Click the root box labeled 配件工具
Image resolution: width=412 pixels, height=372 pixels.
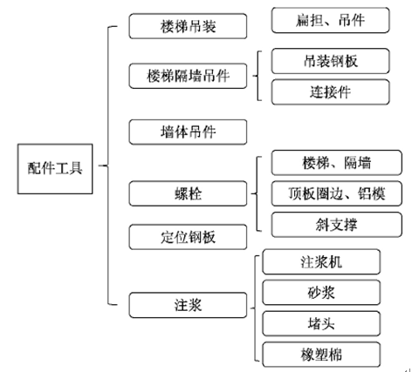55,169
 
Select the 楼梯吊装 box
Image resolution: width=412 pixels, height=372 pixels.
188,26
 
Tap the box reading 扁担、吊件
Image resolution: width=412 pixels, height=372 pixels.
331,20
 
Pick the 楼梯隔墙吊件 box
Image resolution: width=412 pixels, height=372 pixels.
188,76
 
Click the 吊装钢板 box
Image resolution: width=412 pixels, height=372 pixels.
331,61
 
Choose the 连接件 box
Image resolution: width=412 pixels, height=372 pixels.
331,92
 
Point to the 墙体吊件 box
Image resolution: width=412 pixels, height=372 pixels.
188,132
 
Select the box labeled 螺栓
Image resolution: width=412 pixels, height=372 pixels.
188,193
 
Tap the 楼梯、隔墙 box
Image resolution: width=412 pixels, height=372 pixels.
337,163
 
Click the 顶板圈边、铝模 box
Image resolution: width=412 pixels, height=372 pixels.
337,193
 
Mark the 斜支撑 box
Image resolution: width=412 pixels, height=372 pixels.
337,225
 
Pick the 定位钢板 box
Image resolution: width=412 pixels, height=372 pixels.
188,237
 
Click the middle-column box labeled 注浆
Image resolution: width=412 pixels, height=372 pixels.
188,305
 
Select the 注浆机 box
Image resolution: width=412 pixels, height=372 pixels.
321,261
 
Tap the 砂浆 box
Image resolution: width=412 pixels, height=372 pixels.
321,293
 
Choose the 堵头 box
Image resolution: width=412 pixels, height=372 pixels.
321,323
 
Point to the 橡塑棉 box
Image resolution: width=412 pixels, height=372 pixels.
321,355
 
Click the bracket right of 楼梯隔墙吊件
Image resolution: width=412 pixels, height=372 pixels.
257,76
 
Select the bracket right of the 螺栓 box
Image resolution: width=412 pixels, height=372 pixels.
257,193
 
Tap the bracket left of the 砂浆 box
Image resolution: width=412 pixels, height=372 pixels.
255,308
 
